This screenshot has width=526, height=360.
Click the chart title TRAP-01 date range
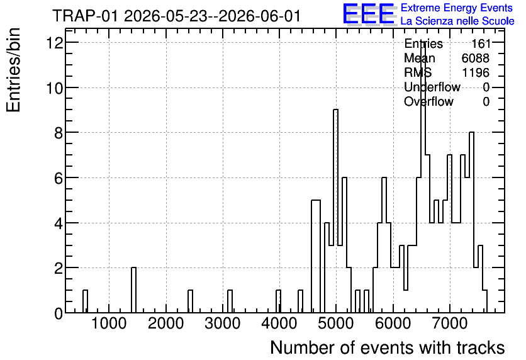pyautogui.click(x=176, y=16)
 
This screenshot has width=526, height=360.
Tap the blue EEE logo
pyautogui.click(x=369, y=14)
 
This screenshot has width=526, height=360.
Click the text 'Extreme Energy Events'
pyautogui.click(x=457, y=8)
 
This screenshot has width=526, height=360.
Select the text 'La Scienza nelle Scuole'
pyautogui.click(x=457, y=21)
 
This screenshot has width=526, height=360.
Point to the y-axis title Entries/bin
pyautogui.click(x=13, y=70)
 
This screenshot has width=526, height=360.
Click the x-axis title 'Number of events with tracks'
pyautogui.click(x=388, y=347)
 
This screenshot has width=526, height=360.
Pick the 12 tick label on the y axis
pyautogui.click(x=55, y=43)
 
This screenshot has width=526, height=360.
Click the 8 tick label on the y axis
pyautogui.click(x=59, y=133)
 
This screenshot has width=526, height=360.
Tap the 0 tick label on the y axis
pyautogui.click(x=59, y=313)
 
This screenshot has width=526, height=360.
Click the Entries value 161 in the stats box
pyautogui.click(x=481, y=43)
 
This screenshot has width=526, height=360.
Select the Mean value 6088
pyautogui.click(x=476, y=58)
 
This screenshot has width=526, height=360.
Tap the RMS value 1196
pyautogui.click(x=476, y=72)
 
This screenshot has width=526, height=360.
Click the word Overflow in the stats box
pyautogui.click(x=428, y=101)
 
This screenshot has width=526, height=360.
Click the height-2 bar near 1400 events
pyautogui.click(x=133, y=290)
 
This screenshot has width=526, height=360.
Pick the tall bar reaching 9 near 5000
pyautogui.click(x=335, y=211)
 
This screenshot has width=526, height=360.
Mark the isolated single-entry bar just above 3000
pyautogui.click(x=230, y=301)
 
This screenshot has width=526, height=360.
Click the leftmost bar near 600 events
pyautogui.click(x=85, y=301)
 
